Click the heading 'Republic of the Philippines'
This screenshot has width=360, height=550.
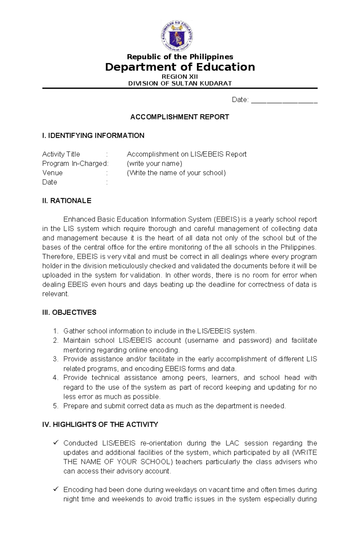click(x=180, y=57)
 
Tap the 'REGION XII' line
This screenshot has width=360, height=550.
click(x=180, y=76)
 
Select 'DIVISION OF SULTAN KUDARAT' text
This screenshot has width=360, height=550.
click(x=180, y=83)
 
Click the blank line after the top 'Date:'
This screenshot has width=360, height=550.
click(x=284, y=100)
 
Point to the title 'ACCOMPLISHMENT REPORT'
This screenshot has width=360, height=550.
click(x=179, y=117)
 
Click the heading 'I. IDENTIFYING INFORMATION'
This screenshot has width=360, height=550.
click(x=93, y=135)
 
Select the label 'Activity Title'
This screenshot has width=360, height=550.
click(x=61, y=154)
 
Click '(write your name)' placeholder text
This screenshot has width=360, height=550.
click(x=154, y=163)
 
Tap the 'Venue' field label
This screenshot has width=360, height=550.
click(x=52, y=173)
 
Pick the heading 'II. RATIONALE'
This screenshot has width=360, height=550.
click(x=67, y=201)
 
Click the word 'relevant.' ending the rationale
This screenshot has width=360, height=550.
click(x=55, y=294)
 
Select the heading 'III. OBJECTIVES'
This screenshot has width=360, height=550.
click(x=69, y=312)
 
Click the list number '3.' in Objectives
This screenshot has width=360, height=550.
click(x=55, y=359)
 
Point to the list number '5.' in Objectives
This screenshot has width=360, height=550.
click(x=55, y=406)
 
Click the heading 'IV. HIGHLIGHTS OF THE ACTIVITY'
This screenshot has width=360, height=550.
click(x=100, y=424)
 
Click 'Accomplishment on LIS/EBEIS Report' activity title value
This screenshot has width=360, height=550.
click(x=186, y=154)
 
